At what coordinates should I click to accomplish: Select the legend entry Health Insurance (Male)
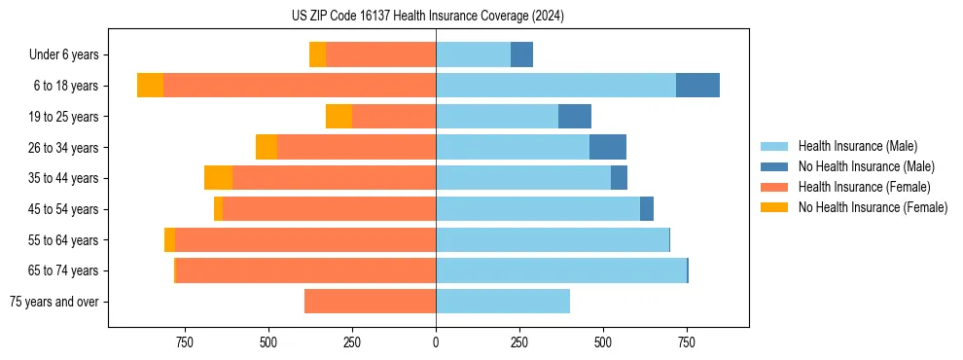click(857, 146)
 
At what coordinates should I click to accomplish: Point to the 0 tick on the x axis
click(436, 342)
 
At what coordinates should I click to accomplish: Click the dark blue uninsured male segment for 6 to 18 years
click(697, 86)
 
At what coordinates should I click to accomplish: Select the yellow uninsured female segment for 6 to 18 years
click(150, 86)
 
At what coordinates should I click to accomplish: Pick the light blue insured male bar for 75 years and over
click(503, 302)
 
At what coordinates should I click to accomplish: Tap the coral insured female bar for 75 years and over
click(370, 302)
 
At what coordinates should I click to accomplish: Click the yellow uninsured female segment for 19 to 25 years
click(339, 117)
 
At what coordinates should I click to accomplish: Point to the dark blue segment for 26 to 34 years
click(608, 147)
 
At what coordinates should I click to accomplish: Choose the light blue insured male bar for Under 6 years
click(473, 55)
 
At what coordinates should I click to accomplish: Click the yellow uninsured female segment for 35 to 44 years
click(218, 178)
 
